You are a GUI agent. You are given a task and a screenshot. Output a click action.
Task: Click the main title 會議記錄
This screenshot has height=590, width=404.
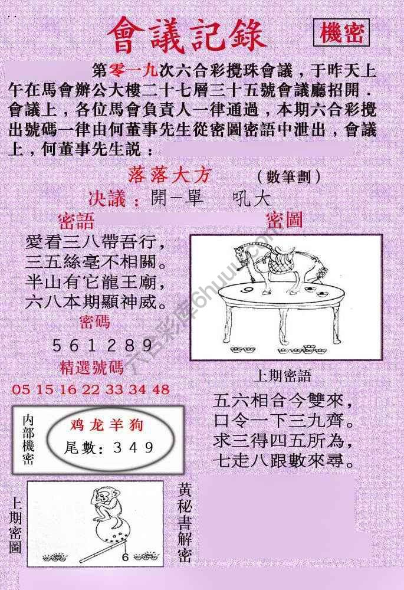pyautogui.click(x=188, y=35)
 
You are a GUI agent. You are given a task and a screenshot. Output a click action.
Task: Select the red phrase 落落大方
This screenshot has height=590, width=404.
pyautogui.click(x=169, y=176)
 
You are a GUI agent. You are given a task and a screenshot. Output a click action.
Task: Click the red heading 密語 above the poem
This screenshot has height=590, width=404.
pyautogui.click(x=76, y=221)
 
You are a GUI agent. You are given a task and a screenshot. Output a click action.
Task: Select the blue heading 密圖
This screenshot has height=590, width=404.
pyautogui.click(x=284, y=221)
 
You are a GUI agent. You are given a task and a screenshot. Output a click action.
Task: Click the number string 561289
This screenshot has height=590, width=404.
pyautogui.click(x=103, y=345)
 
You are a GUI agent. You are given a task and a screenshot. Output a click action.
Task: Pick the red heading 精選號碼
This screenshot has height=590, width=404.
pyautogui.click(x=92, y=368)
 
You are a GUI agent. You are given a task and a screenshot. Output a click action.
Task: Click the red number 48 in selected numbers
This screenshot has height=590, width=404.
pyautogui.click(x=161, y=389)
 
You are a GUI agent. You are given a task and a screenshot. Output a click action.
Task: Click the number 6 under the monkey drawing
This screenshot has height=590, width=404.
pyautogui.click(x=125, y=555)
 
